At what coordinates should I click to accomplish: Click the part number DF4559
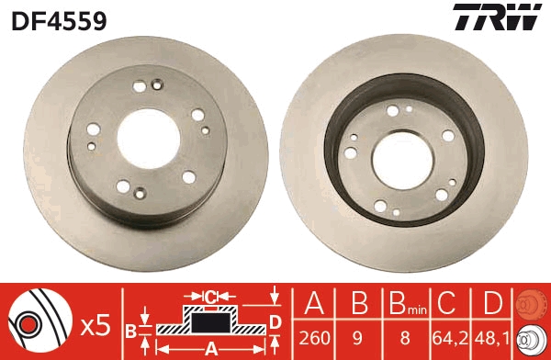click(59, 21)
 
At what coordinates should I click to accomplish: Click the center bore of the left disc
click(148, 138)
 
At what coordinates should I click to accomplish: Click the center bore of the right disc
click(403, 161)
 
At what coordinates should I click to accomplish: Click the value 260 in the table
click(314, 338)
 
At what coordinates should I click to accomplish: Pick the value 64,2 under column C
click(451, 338)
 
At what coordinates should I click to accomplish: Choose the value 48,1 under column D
click(492, 338)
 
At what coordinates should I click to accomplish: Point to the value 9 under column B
click(357, 338)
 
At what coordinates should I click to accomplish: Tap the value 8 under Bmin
click(405, 338)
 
